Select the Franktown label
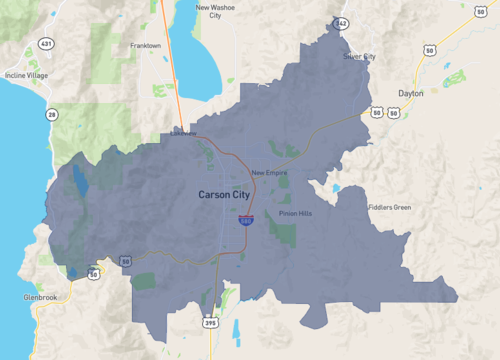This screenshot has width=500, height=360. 145,46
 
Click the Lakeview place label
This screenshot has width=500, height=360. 183,132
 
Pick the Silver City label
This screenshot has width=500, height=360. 360,57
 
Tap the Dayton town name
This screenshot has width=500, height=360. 410,93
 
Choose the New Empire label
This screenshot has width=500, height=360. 270,173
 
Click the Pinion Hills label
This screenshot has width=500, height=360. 295,213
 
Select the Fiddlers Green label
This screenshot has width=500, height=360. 389,207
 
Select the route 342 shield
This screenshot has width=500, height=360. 341,22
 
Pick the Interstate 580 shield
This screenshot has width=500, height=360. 246,228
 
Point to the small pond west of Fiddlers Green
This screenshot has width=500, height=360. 336,188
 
